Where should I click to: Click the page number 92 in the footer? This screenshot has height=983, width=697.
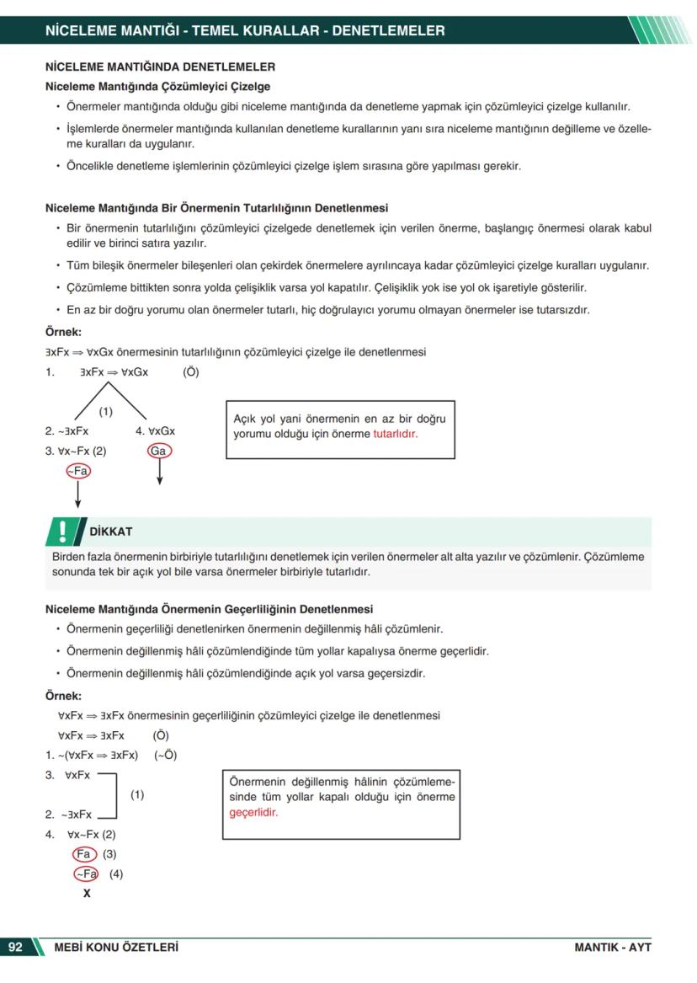point(16,947)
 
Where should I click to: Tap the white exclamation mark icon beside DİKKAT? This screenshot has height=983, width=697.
point(62,531)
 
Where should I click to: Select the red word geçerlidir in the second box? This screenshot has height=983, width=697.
point(253,813)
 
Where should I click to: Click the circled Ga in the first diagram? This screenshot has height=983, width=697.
point(158,451)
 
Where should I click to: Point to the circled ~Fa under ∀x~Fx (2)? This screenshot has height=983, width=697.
point(77,471)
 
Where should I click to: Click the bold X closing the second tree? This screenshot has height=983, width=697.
point(87,894)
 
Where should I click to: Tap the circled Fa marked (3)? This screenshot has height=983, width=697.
point(83,854)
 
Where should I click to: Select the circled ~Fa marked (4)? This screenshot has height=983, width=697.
point(86,874)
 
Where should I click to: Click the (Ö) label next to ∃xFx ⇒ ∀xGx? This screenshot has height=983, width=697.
point(191,371)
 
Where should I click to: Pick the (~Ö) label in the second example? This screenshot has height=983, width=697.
point(165,755)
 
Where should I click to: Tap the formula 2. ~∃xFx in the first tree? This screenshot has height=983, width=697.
point(67,430)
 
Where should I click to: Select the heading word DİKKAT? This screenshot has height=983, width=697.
point(110,532)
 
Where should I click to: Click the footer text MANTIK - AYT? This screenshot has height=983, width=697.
point(612,947)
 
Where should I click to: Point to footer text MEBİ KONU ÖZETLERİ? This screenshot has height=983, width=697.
point(116,947)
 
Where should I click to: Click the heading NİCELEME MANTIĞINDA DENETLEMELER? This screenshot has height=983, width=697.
point(160,66)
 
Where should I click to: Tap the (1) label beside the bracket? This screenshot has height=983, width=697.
point(137,794)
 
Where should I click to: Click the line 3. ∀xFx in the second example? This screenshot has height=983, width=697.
point(68,775)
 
